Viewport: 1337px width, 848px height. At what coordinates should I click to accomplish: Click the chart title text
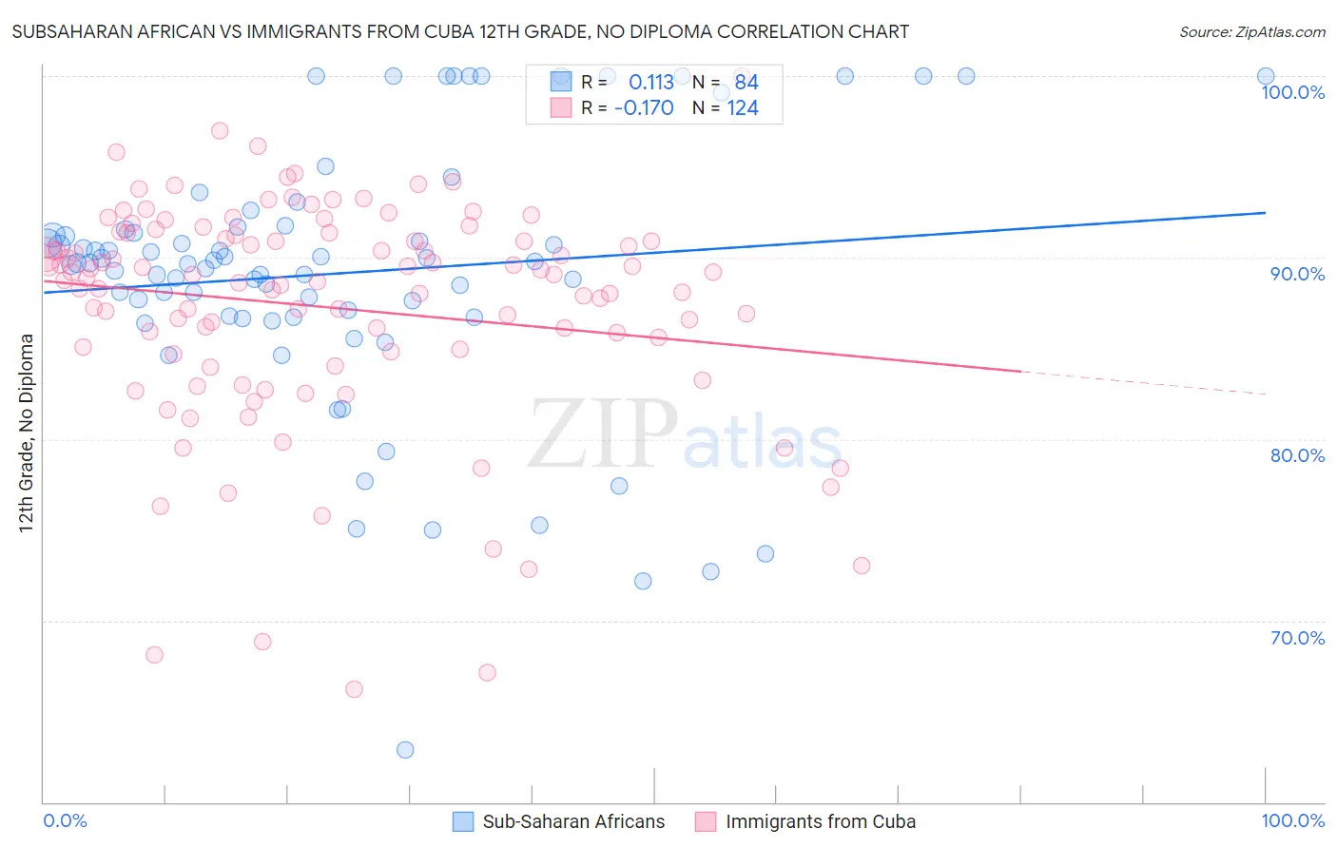point(460,32)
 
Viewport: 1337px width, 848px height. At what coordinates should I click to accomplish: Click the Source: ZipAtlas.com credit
point(1251,32)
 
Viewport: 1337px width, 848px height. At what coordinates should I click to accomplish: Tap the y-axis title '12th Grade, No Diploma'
point(27,433)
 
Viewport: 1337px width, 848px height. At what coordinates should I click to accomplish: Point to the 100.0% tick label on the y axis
point(1292,93)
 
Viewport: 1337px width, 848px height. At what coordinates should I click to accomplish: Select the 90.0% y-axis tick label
point(1297,275)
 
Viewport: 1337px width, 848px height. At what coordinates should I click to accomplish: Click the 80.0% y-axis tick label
point(1297,456)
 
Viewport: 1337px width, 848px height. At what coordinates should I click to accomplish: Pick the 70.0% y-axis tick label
point(1297,638)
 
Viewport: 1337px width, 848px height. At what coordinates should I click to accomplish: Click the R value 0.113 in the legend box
point(651,83)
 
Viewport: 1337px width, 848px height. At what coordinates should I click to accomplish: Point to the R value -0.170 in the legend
point(644,108)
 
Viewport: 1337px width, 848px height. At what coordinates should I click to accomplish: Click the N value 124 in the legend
point(743,108)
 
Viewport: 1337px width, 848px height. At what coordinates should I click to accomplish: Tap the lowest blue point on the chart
point(405,750)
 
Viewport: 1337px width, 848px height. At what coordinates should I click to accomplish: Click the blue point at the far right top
point(1266,77)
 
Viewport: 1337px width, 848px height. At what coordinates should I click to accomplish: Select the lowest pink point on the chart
point(354,689)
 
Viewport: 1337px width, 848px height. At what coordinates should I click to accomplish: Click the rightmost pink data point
point(862,566)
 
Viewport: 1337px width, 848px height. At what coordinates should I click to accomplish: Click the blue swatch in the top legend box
point(561,83)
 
